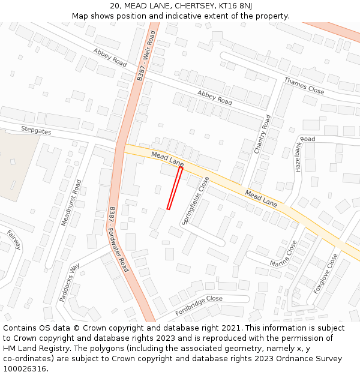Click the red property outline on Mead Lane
(x=175, y=188)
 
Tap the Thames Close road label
(x=304, y=86)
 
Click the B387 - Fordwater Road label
(x=119, y=239)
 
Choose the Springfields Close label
(x=196, y=200)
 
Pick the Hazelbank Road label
(x=305, y=154)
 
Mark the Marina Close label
(x=283, y=254)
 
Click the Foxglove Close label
(x=326, y=273)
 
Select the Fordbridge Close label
(x=199, y=305)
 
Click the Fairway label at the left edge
(x=14, y=239)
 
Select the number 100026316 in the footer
(x=25, y=368)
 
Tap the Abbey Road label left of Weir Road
(x=110, y=57)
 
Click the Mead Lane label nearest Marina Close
(x=261, y=199)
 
